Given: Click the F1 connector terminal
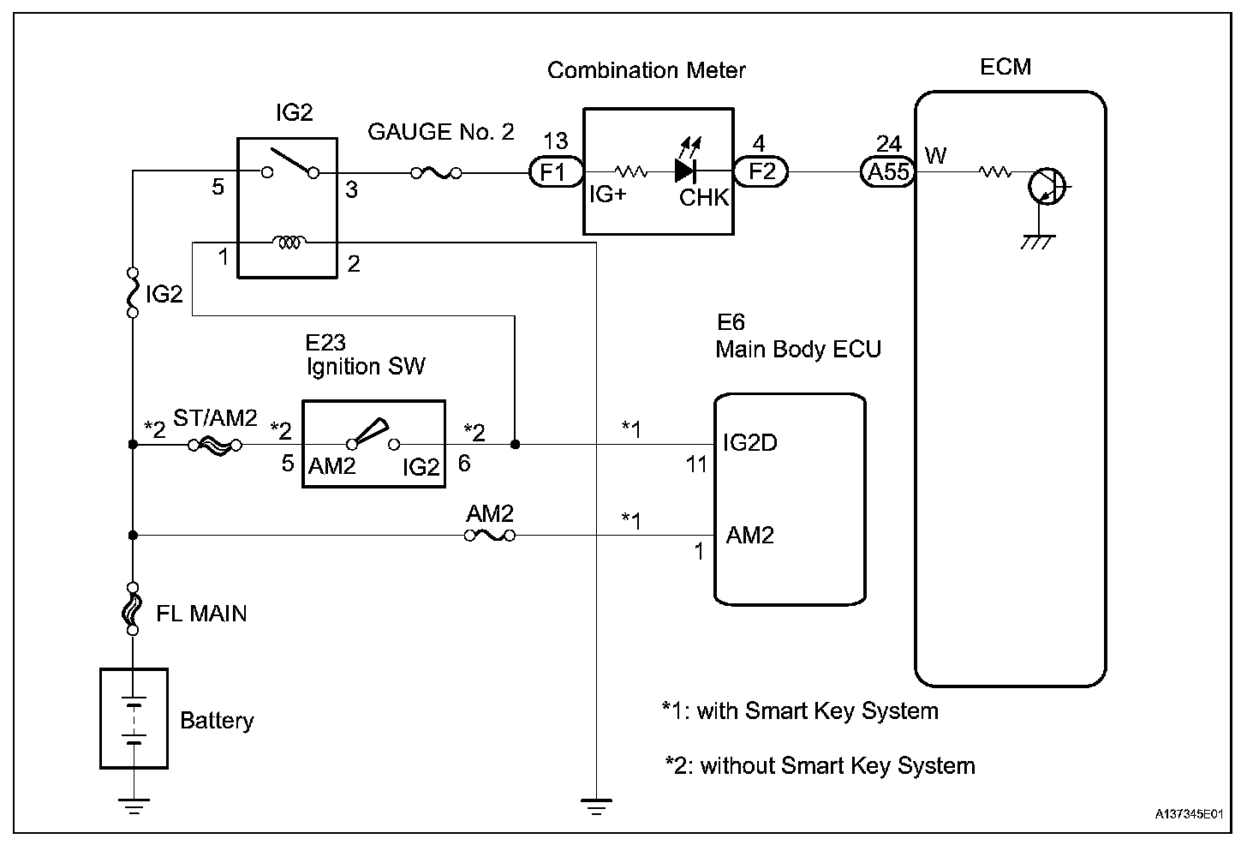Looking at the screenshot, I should point(553,172).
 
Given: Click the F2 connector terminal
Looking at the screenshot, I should point(761,171).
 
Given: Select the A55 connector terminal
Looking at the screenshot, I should point(888,172).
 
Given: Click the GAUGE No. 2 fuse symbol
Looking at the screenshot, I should point(437,173).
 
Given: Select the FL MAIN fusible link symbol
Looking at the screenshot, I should point(133,610).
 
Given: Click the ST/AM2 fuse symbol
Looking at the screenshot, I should point(215,445).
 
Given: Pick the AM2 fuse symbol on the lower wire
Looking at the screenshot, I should point(489,536).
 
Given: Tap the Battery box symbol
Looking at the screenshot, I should point(134,718).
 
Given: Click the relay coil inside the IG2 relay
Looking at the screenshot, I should point(289,243).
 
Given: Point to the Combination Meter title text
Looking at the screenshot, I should point(647,70).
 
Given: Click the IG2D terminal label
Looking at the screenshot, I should point(750,443).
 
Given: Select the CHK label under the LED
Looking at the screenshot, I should point(704,198).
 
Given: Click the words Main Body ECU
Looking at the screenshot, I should point(798,350).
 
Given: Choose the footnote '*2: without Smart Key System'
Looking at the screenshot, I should point(820,765).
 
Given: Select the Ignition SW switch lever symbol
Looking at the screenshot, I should point(370,432).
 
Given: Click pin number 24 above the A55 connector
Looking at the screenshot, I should point(888,144).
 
